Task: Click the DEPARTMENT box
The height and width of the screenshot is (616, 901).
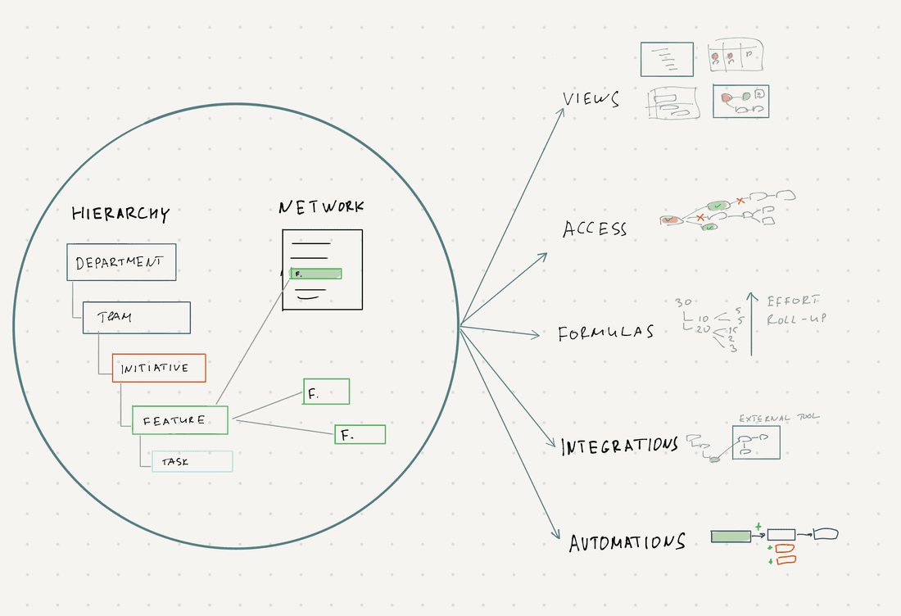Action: point(121,263)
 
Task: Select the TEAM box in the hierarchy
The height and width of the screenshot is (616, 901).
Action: point(136,318)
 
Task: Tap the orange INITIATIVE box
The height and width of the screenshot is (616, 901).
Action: point(158,368)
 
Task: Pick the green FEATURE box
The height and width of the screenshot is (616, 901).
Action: point(179,420)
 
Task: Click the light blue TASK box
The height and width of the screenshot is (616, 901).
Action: point(191,461)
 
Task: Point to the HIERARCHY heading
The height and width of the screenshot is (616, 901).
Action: point(120,214)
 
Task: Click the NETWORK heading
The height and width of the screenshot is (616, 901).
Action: point(321,206)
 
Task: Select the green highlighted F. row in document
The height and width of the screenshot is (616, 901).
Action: point(315,274)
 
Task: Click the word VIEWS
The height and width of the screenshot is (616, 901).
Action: point(591,100)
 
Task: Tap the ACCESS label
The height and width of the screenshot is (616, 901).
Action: point(595,229)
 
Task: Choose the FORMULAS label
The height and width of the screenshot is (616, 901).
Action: point(605,333)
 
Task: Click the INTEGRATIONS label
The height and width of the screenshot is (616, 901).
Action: point(619,446)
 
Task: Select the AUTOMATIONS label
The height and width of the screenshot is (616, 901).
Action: point(627,542)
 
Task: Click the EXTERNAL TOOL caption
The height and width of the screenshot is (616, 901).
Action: point(778,418)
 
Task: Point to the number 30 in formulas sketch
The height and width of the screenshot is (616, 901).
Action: point(684,302)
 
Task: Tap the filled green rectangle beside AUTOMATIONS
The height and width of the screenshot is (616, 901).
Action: point(731,536)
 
